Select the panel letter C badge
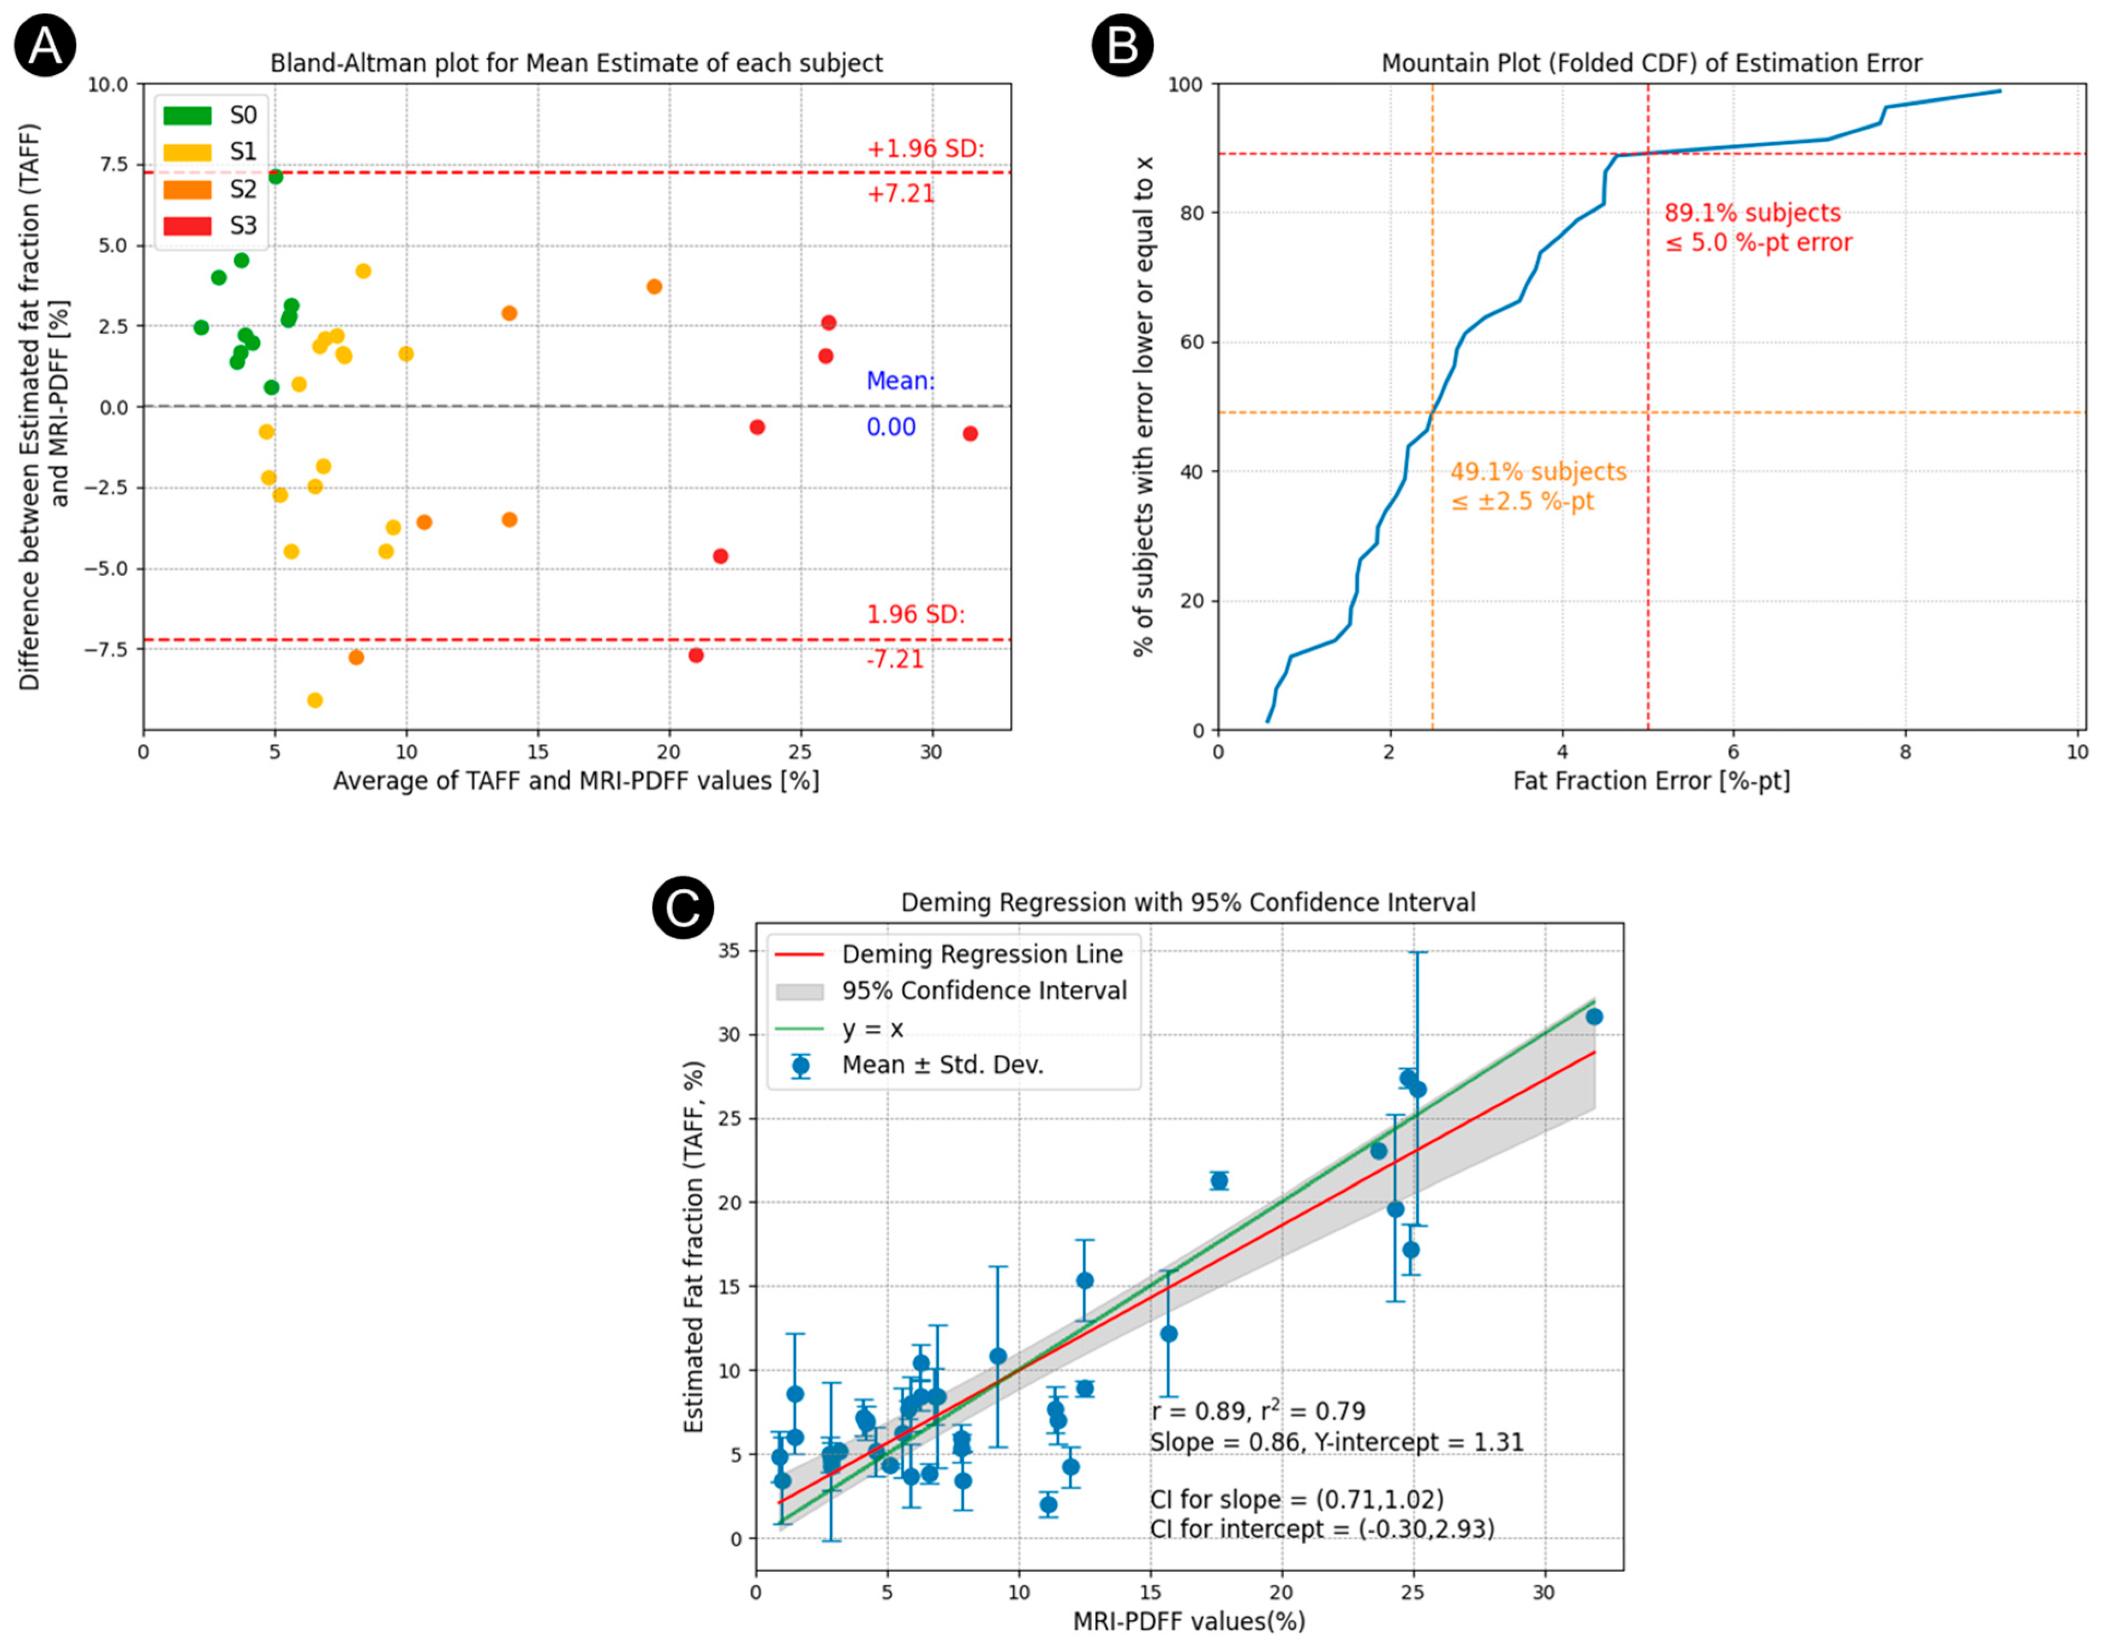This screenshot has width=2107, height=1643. [x=683, y=908]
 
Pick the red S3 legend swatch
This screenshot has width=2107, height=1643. [x=187, y=226]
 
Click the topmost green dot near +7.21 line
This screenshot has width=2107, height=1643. [x=276, y=177]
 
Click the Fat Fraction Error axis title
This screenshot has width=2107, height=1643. [x=1651, y=780]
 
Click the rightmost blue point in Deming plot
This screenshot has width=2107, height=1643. [x=1594, y=1017]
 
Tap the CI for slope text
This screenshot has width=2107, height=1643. [x=1297, y=1499]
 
